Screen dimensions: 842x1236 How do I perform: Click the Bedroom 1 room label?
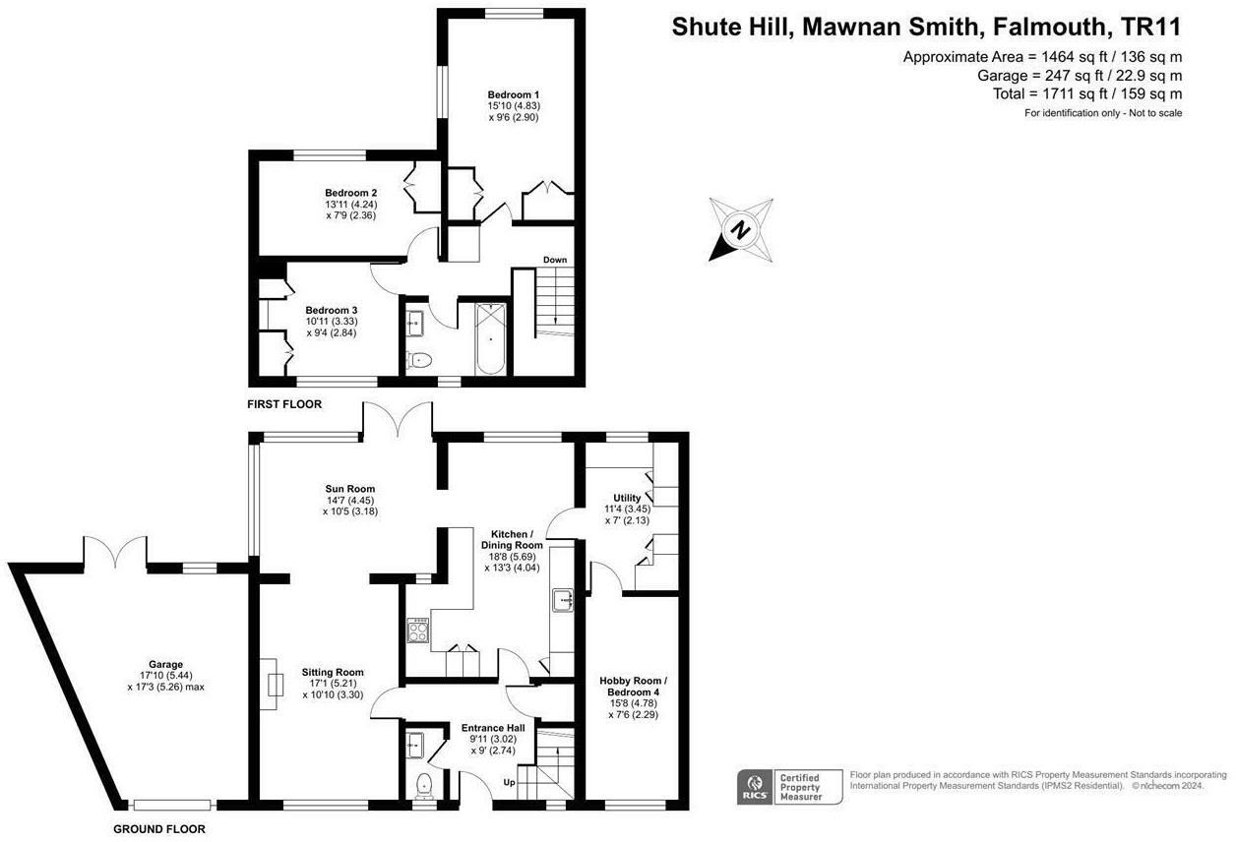[x=507, y=94]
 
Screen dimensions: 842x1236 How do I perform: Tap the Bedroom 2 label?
[x=351, y=193]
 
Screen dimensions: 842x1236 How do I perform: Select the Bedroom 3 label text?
[x=331, y=310]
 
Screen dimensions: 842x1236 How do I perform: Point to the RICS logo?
[x=753, y=787]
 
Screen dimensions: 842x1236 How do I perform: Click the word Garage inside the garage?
[x=161, y=664]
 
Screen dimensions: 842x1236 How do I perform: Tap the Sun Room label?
[x=350, y=489]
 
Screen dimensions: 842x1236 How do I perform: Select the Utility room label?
[x=626, y=498]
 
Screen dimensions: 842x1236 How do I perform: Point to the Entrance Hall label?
[x=493, y=728]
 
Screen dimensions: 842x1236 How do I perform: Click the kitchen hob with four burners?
[x=418, y=631]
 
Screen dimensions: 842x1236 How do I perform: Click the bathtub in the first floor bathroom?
[x=489, y=339]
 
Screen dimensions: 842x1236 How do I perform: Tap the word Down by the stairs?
[x=555, y=260]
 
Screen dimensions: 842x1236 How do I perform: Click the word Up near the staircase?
[x=509, y=783]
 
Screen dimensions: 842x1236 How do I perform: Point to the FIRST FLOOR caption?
[x=284, y=404]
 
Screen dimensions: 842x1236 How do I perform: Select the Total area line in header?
[x=1087, y=94]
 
